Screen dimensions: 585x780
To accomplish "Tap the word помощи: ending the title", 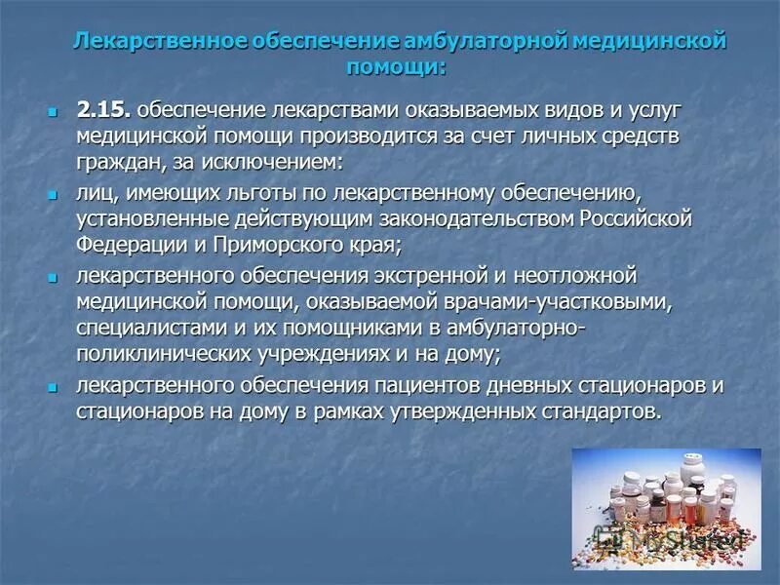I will tap(398, 67).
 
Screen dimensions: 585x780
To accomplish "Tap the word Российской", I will tap(631, 216).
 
